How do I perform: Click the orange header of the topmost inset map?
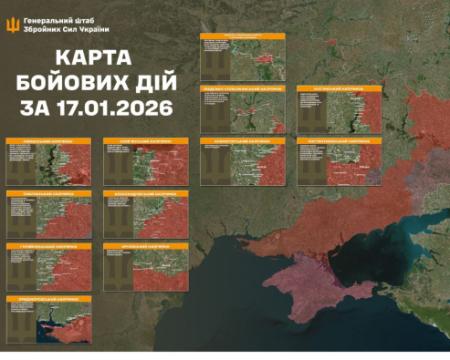point(242,36)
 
